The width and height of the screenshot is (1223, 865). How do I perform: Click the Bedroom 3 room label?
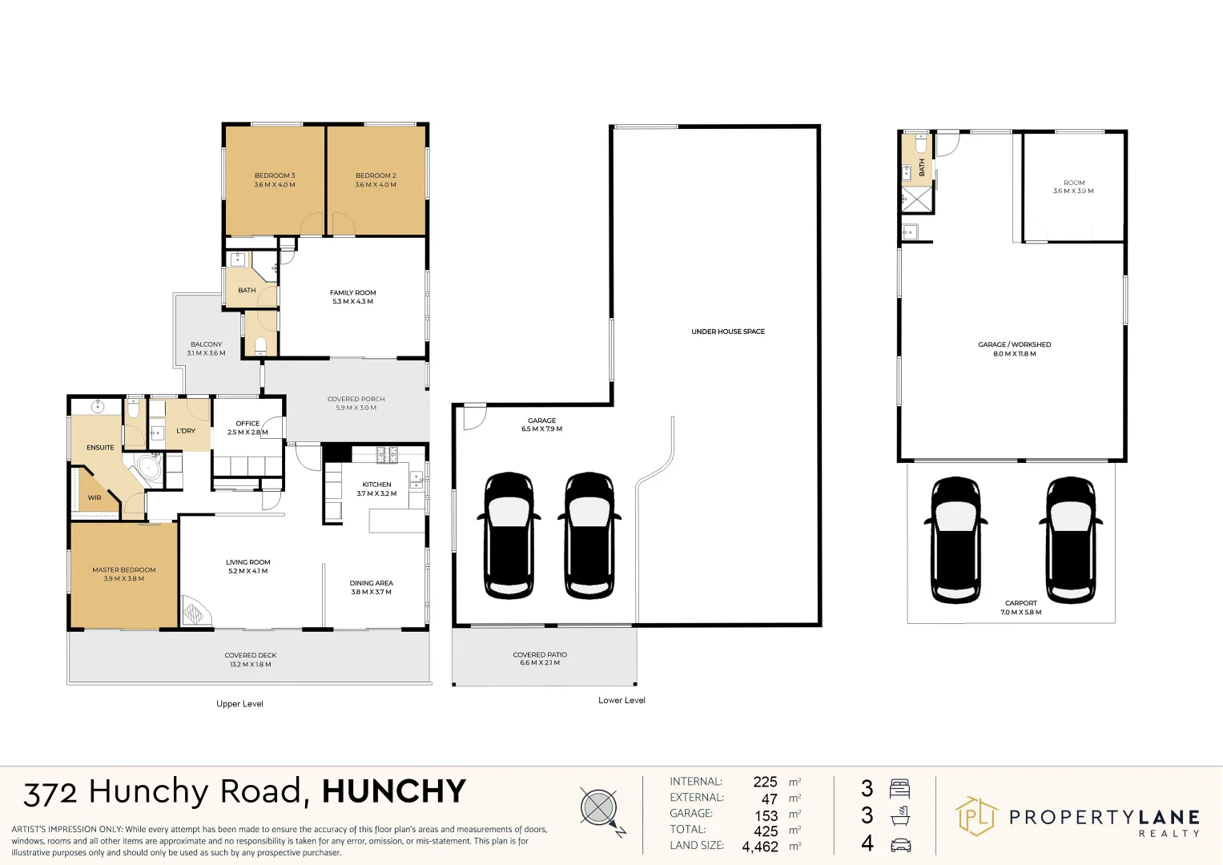pyautogui.click(x=275, y=175)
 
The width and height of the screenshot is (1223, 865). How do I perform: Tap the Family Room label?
pyautogui.click(x=352, y=293)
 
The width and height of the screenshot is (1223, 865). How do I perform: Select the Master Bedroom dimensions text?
pyautogui.click(x=124, y=579)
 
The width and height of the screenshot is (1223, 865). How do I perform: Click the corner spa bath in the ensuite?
pyautogui.click(x=148, y=469)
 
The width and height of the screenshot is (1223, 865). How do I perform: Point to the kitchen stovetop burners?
pyautogui.click(x=387, y=454)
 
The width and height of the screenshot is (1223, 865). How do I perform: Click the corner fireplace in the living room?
pyautogui.click(x=193, y=612)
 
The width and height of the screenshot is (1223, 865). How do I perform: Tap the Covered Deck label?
pyautogui.click(x=251, y=655)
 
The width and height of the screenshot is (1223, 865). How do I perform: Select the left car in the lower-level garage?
pyautogui.click(x=509, y=535)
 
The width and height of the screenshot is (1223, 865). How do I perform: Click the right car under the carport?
pyautogui.click(x=1071, y=540)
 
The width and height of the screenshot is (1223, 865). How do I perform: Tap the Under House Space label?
pyautogui.click(x=728, y=332)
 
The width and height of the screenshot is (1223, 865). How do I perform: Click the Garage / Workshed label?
pyautogui.click(x=1014, y=344)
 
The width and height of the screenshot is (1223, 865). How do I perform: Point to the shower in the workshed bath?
pyautogui.click(x=917, y=199)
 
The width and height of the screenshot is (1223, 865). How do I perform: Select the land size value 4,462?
pyautogui.click(x=760, y=847)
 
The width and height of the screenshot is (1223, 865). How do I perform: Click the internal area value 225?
pyautogui.click(x=765, y=782)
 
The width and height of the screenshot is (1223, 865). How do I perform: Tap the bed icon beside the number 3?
pyautogui.click(x=900, y=789)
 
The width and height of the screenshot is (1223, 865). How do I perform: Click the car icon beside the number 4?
pyautogui.click(x=900, y=844)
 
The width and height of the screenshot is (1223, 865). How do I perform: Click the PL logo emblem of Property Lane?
pyautogui.click(x=976, y=817)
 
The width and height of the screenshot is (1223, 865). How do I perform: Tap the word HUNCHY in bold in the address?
pyautogui.click(x=393, y=791)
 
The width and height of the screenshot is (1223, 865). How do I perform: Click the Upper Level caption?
pyautogui.click(x=239, y=704)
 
